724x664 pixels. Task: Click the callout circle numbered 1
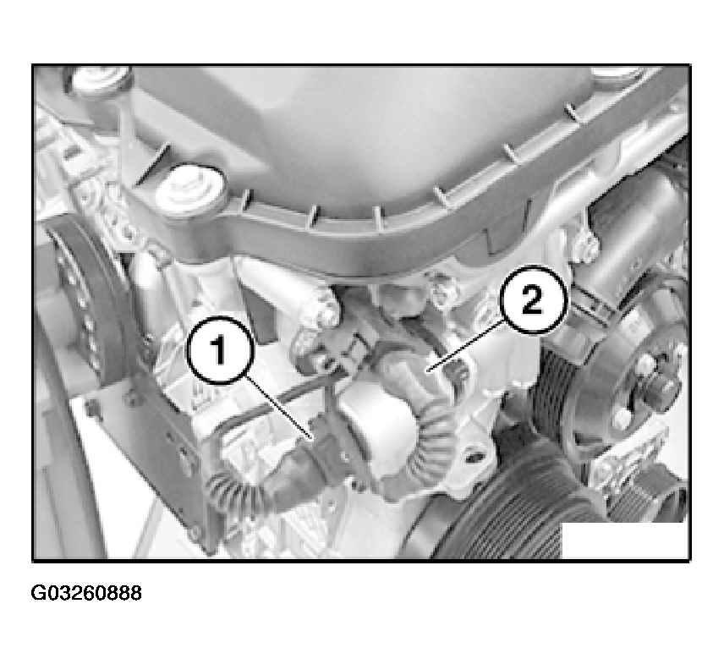(220, 349)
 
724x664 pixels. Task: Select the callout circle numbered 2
(533, 300)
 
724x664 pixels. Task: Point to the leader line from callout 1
(280, 407)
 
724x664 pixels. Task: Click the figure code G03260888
(86, 593)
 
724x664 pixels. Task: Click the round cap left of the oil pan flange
(189, 188)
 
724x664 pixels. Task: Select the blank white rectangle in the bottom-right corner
(624, 541)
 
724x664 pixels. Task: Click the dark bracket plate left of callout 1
(152, 443)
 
